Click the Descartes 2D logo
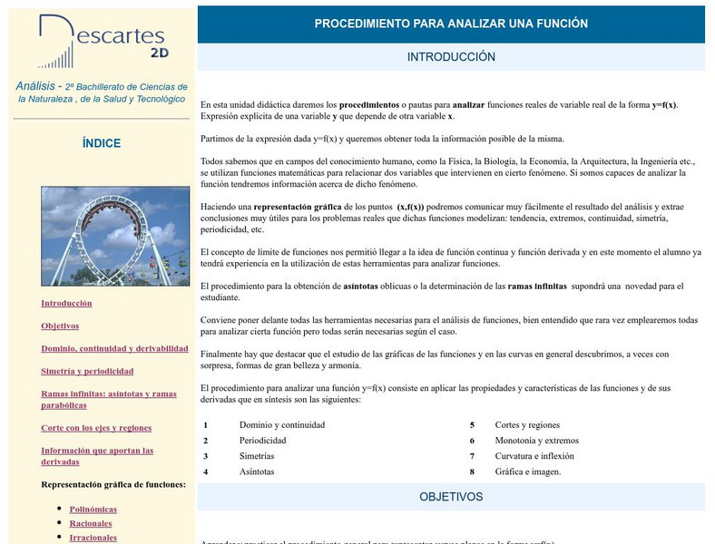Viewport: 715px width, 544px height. [x=101, y=42]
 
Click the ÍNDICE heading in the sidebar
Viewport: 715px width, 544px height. [x=101, y=143]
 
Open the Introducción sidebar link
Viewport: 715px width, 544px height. [x=66, y=303]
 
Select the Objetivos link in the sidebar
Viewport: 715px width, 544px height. [x=60, y=325]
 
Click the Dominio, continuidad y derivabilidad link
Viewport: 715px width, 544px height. [x=114, y=348]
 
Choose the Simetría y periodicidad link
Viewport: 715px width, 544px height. [x=87, y=371]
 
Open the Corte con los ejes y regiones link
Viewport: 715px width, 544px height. [x=96, y=427]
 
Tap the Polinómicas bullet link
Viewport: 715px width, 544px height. [x=93, y=509]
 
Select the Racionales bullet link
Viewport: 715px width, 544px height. [x=91, y=523]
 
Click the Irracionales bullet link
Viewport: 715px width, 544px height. [x=93, y=537]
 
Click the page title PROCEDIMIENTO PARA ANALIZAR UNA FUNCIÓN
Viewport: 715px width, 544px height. [x=451, y=24]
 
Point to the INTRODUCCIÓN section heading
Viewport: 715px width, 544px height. [x=451, y=56]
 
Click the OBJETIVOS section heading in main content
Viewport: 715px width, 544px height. [x=451, y=497]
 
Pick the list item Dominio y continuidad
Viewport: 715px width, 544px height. [x=281, y=424]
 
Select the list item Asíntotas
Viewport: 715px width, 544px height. [x=257, y=471]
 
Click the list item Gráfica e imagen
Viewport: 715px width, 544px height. [x=527, y=471]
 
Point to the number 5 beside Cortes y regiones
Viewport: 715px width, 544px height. [x=472, y=424]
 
